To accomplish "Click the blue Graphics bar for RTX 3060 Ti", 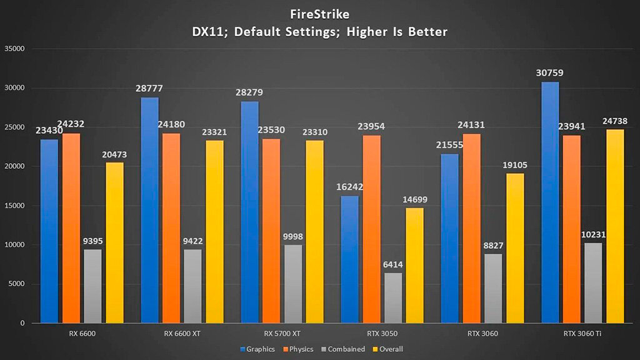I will (550, 202).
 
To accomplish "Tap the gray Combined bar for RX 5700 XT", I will (293, 284).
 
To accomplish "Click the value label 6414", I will (393, 264).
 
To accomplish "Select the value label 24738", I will (615, 121).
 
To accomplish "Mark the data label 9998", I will (293, 236).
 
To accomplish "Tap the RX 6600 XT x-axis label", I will (182, 333).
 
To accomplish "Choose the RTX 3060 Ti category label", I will (583, 333).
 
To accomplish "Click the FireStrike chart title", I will (320, 13).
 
